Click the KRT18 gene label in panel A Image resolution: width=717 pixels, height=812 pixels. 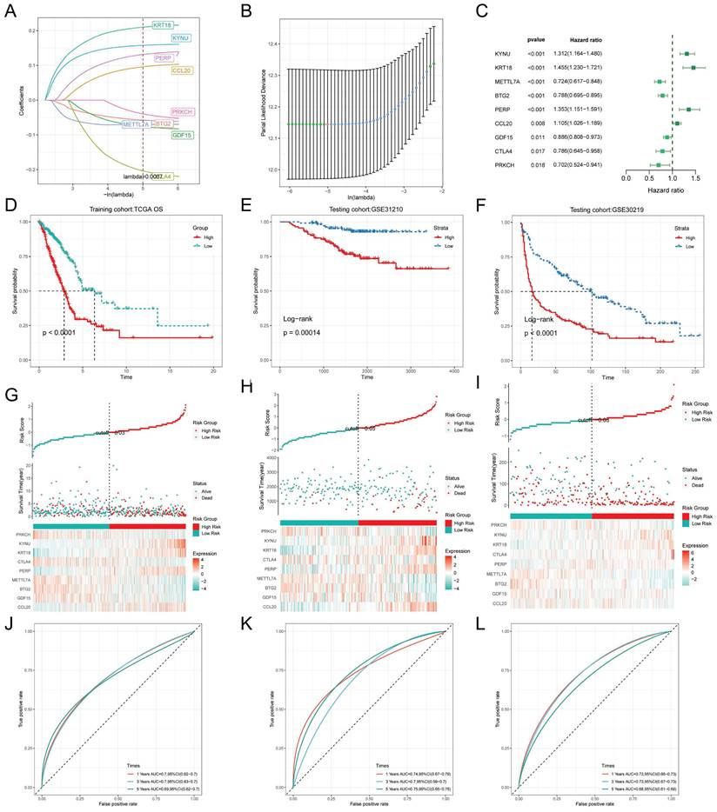[162, 25]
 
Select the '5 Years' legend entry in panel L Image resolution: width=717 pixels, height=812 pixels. [633, 783]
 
